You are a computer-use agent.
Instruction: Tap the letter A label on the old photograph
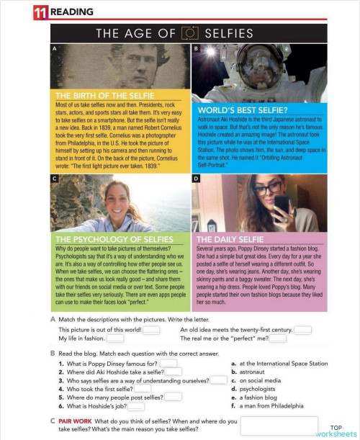point(54,48)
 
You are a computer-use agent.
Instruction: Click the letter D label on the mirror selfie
point(196,178)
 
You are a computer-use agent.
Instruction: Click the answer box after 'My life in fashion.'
point(114,338)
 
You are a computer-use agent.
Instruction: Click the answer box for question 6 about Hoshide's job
point(135,407)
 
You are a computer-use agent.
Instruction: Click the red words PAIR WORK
point(74,421)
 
